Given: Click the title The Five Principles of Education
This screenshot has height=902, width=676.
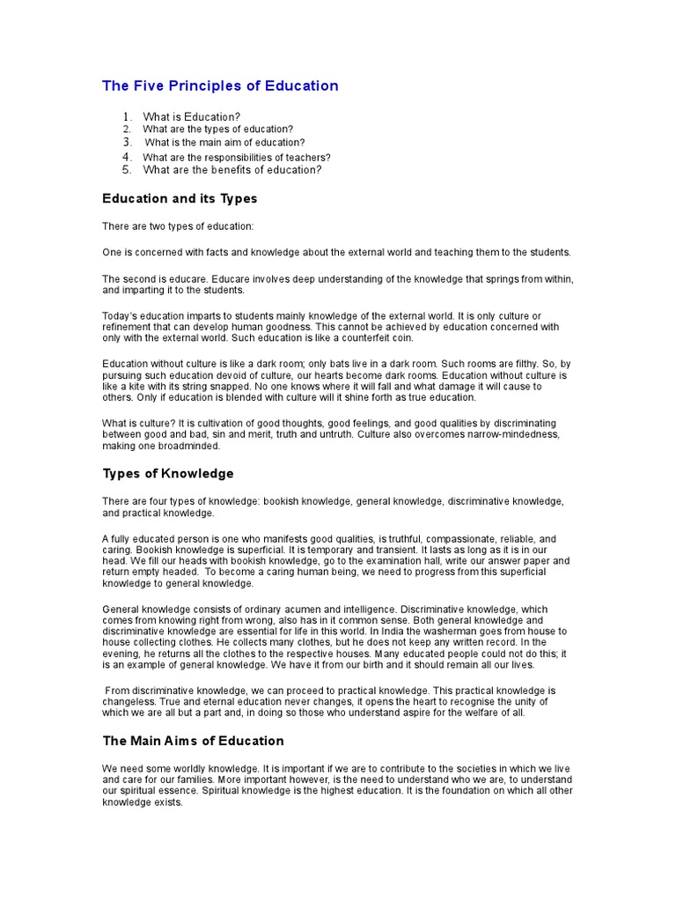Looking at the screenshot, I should [220, 86].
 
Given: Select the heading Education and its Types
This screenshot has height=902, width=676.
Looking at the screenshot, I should [180, 199].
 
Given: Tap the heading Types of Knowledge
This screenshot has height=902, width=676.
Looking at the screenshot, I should [168, 473].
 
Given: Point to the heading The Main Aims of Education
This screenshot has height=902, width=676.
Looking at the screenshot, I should [193, 741].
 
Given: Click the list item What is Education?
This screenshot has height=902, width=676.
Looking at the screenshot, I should [192, 116].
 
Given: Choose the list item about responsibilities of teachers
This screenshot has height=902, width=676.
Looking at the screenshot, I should [237, 158].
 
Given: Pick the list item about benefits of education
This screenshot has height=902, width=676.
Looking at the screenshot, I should [232, 170].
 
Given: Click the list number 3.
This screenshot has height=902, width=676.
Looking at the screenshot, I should [127, 142].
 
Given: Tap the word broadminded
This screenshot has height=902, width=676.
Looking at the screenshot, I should [193, 446].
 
